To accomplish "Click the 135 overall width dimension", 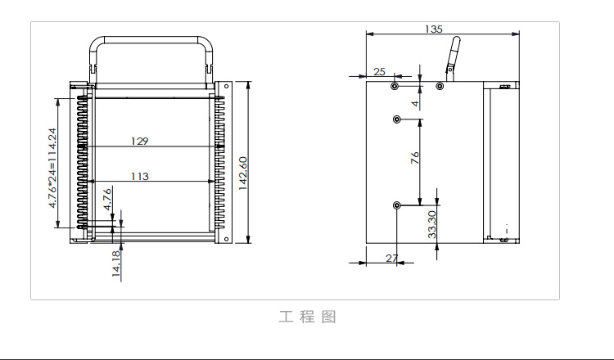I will [434, 29].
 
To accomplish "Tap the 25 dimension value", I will [379, 72].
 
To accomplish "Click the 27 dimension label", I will [391, 258].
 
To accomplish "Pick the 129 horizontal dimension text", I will [139, 142].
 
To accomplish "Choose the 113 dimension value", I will [139, 176].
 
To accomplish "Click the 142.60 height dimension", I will [243, 173].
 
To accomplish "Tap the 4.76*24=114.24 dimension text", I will [53, 167].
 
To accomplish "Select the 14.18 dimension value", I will [116, 264].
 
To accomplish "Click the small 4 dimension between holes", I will [415, 104].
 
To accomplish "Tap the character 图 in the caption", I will [328, 317].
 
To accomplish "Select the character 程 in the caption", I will [307, 317].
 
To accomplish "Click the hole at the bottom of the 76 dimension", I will [396, 205].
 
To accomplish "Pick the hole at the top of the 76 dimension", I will [396, 119].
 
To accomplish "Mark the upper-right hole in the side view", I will [440, 86].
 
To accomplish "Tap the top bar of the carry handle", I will [149, 38].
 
